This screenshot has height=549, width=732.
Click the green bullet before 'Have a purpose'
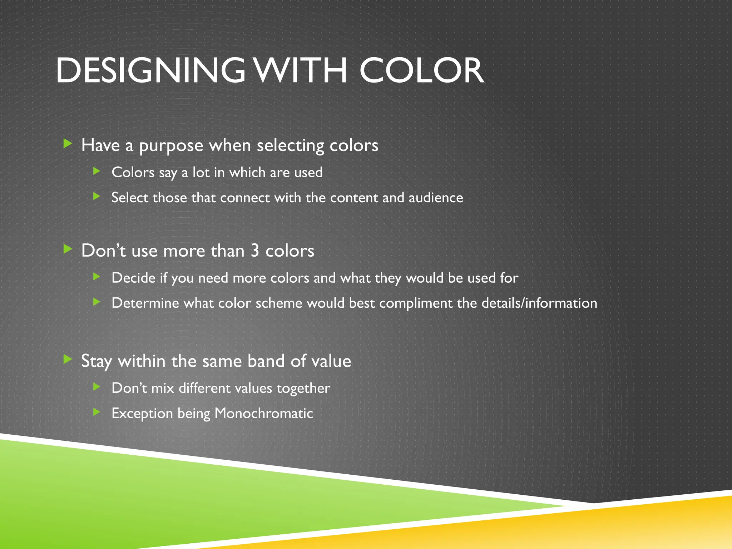coord(68,144)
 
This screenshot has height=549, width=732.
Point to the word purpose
coord(171,146)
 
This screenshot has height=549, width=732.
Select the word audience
coord(436,198)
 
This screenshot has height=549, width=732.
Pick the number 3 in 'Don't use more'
coord(255,251)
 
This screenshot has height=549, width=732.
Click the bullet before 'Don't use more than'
coord(68,249)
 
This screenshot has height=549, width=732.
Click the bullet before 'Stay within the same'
coord(68,359)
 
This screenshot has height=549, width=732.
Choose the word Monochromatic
coord(263,413)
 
